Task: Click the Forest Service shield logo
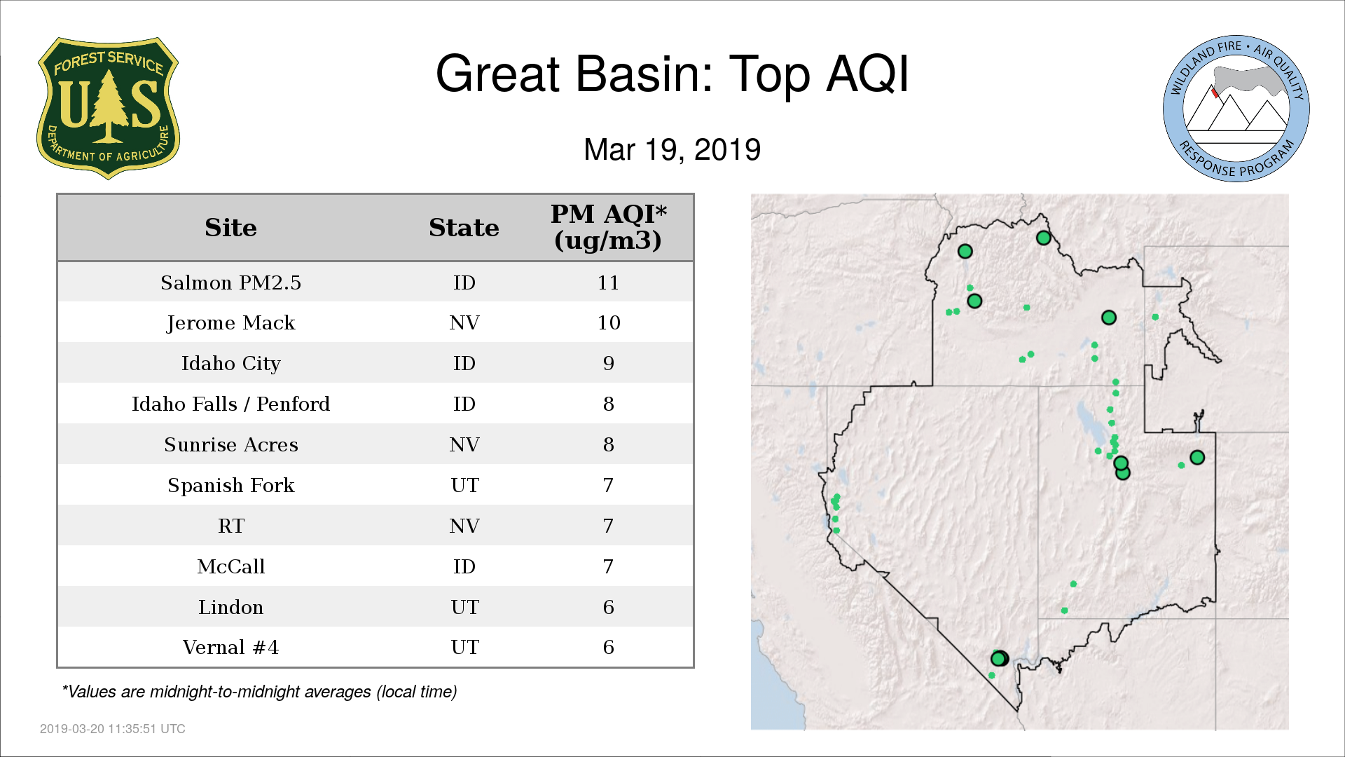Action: (108, 109)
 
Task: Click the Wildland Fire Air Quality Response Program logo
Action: (1236, 109)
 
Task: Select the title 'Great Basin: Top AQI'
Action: (672, 74)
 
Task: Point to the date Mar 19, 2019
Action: (672, 149)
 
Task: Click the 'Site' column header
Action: (230, 228)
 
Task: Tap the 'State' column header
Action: (464, 228)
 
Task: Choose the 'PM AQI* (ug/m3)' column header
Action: (608, 227)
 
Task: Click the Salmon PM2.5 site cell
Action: (230, 282)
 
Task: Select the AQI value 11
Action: (608, 282)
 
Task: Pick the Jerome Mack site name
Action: (230, 323)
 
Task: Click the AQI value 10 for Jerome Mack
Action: (608, 322)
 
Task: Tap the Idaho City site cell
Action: (230, 364)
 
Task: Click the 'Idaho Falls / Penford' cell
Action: (230, 404)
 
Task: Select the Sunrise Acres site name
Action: (230, 444)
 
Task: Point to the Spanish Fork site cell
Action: (230, 485)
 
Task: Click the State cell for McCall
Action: (464, 566)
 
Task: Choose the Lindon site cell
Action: (230, 607)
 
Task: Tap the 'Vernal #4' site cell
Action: (230, 647)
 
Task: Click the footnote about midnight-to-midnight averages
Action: (259, 692)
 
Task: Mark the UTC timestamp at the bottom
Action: (113, 729)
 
